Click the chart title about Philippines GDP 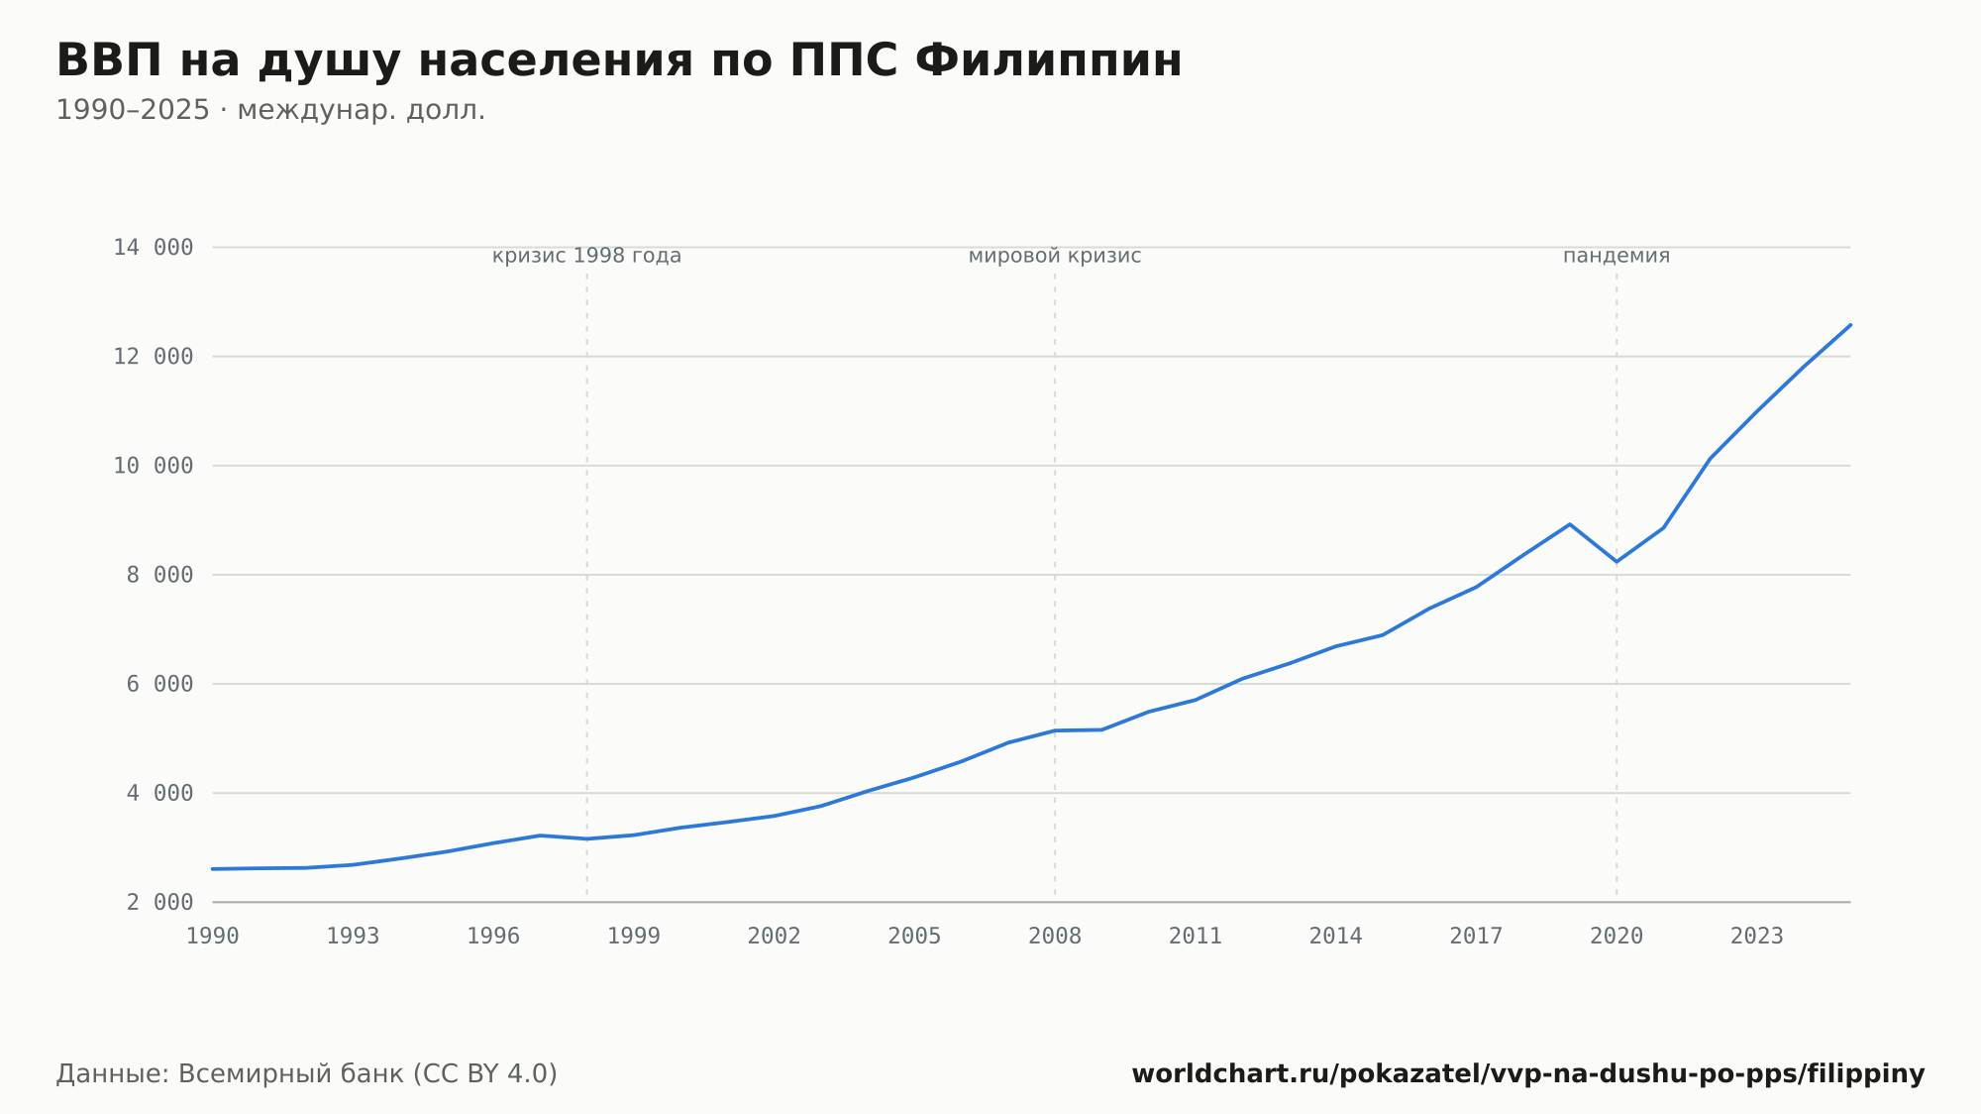click(x=619, y=61)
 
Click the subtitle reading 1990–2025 click(x=270, y=110)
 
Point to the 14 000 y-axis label click(x=154, y=248)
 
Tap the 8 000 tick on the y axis click(x=159, y=575)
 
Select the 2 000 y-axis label click(x=159, y=902)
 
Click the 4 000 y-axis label click(x=159, y=793)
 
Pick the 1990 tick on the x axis click(x=213, y=937)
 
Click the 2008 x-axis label click(x=1055, y=937)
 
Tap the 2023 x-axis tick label click(x=1757, y=937)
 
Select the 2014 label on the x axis click(x=1336, y=937)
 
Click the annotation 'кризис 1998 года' click(x=587, y=256)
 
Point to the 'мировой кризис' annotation click(x=1055, y=256)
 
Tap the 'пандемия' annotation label click(x=1616, y=256)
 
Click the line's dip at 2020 click(x=1616, y=562)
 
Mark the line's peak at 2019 click(x=1570, y=524)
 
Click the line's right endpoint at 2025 click(x=1850, y=325)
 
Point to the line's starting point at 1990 click(x=213, y=869)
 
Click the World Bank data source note click(x=307, y=1074)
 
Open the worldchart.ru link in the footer click(x=1528, y=1074)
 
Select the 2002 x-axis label click(x=775, y=937)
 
